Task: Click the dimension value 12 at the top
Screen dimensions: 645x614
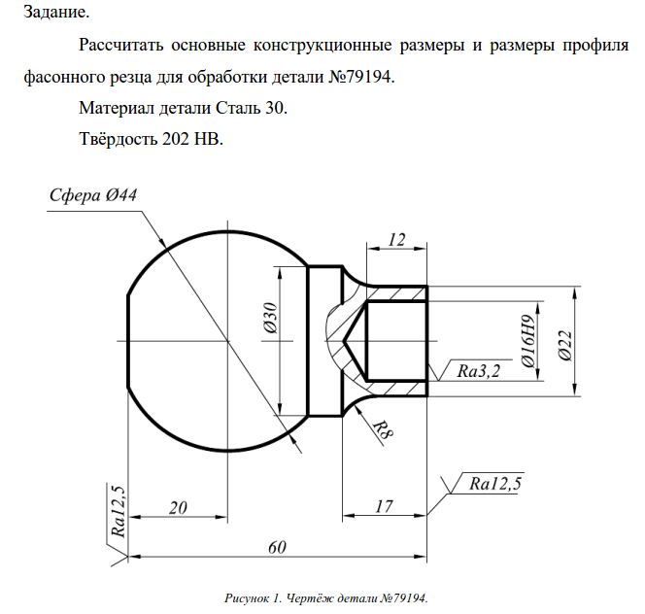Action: [x=396, y=239]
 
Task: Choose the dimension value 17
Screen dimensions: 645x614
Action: [x=383, y=506]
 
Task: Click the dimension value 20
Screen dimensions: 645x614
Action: [x=178, y=506]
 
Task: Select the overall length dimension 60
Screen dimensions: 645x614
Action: [x=277, y=547]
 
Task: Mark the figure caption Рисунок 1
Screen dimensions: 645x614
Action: [x=254, y=596]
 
